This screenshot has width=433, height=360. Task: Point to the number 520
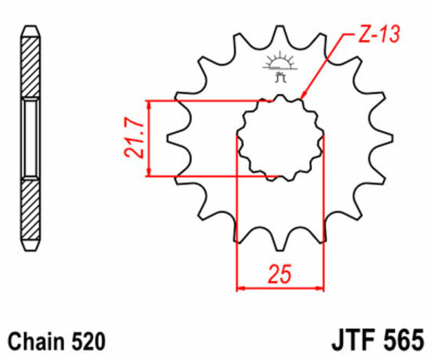pos(88,341)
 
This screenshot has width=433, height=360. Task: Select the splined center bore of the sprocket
pos(280,137)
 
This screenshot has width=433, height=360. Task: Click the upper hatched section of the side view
pos(31,65)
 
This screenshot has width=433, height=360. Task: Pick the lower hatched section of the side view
pos(31,210)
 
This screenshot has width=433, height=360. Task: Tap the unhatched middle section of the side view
pos(31,137)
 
